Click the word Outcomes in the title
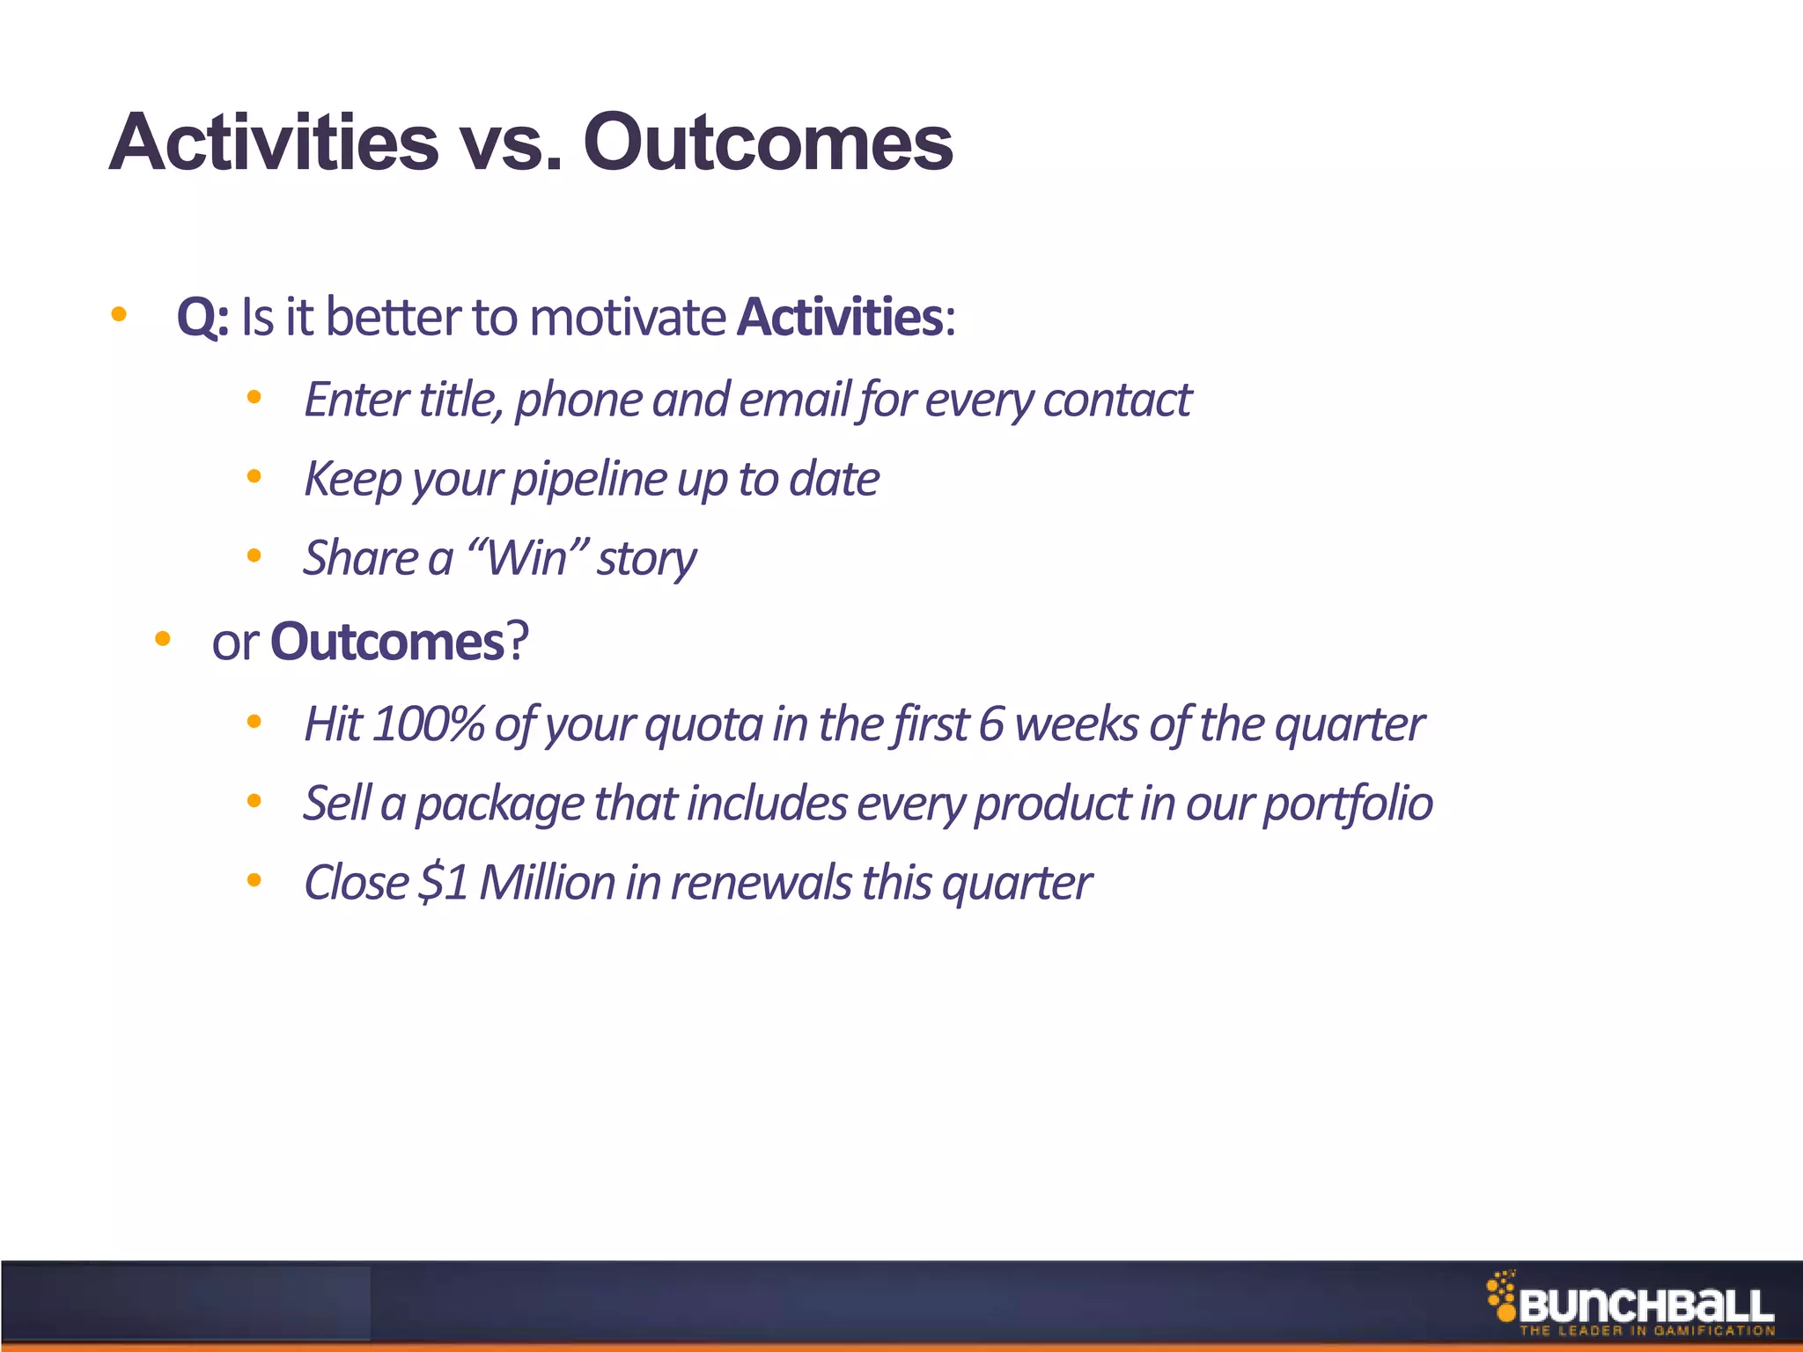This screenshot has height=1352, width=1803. tap(767, 143)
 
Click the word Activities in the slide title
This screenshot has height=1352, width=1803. tap(274, 143)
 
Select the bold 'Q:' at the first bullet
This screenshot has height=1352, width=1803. tap(202, 318)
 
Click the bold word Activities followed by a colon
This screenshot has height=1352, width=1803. tap(841, 318)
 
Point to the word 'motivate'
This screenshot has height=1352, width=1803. tap(628, 318)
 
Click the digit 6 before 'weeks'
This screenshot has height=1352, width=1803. tap(991, 724)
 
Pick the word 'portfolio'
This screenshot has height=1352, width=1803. tap(1348, 804)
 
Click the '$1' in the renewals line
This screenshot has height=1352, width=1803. tap(444, 883)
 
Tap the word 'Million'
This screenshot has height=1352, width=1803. tap(547, 883)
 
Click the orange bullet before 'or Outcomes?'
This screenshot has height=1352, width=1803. tap(162, 640)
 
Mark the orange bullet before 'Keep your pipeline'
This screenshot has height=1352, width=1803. tap(254, 478)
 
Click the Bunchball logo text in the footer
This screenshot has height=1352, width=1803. tap(1645, 1306)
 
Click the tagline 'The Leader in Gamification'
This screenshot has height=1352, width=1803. tap(1646, 1331)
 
